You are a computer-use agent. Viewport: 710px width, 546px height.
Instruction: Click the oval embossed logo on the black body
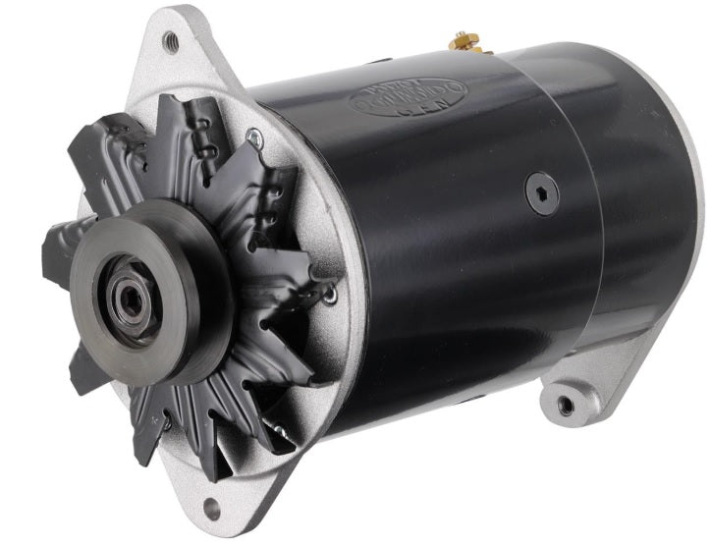point(409,96)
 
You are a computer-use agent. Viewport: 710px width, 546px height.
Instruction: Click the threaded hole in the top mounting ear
point(171,40)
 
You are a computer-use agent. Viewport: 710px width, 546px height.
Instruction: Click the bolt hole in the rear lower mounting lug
point(566,404)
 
